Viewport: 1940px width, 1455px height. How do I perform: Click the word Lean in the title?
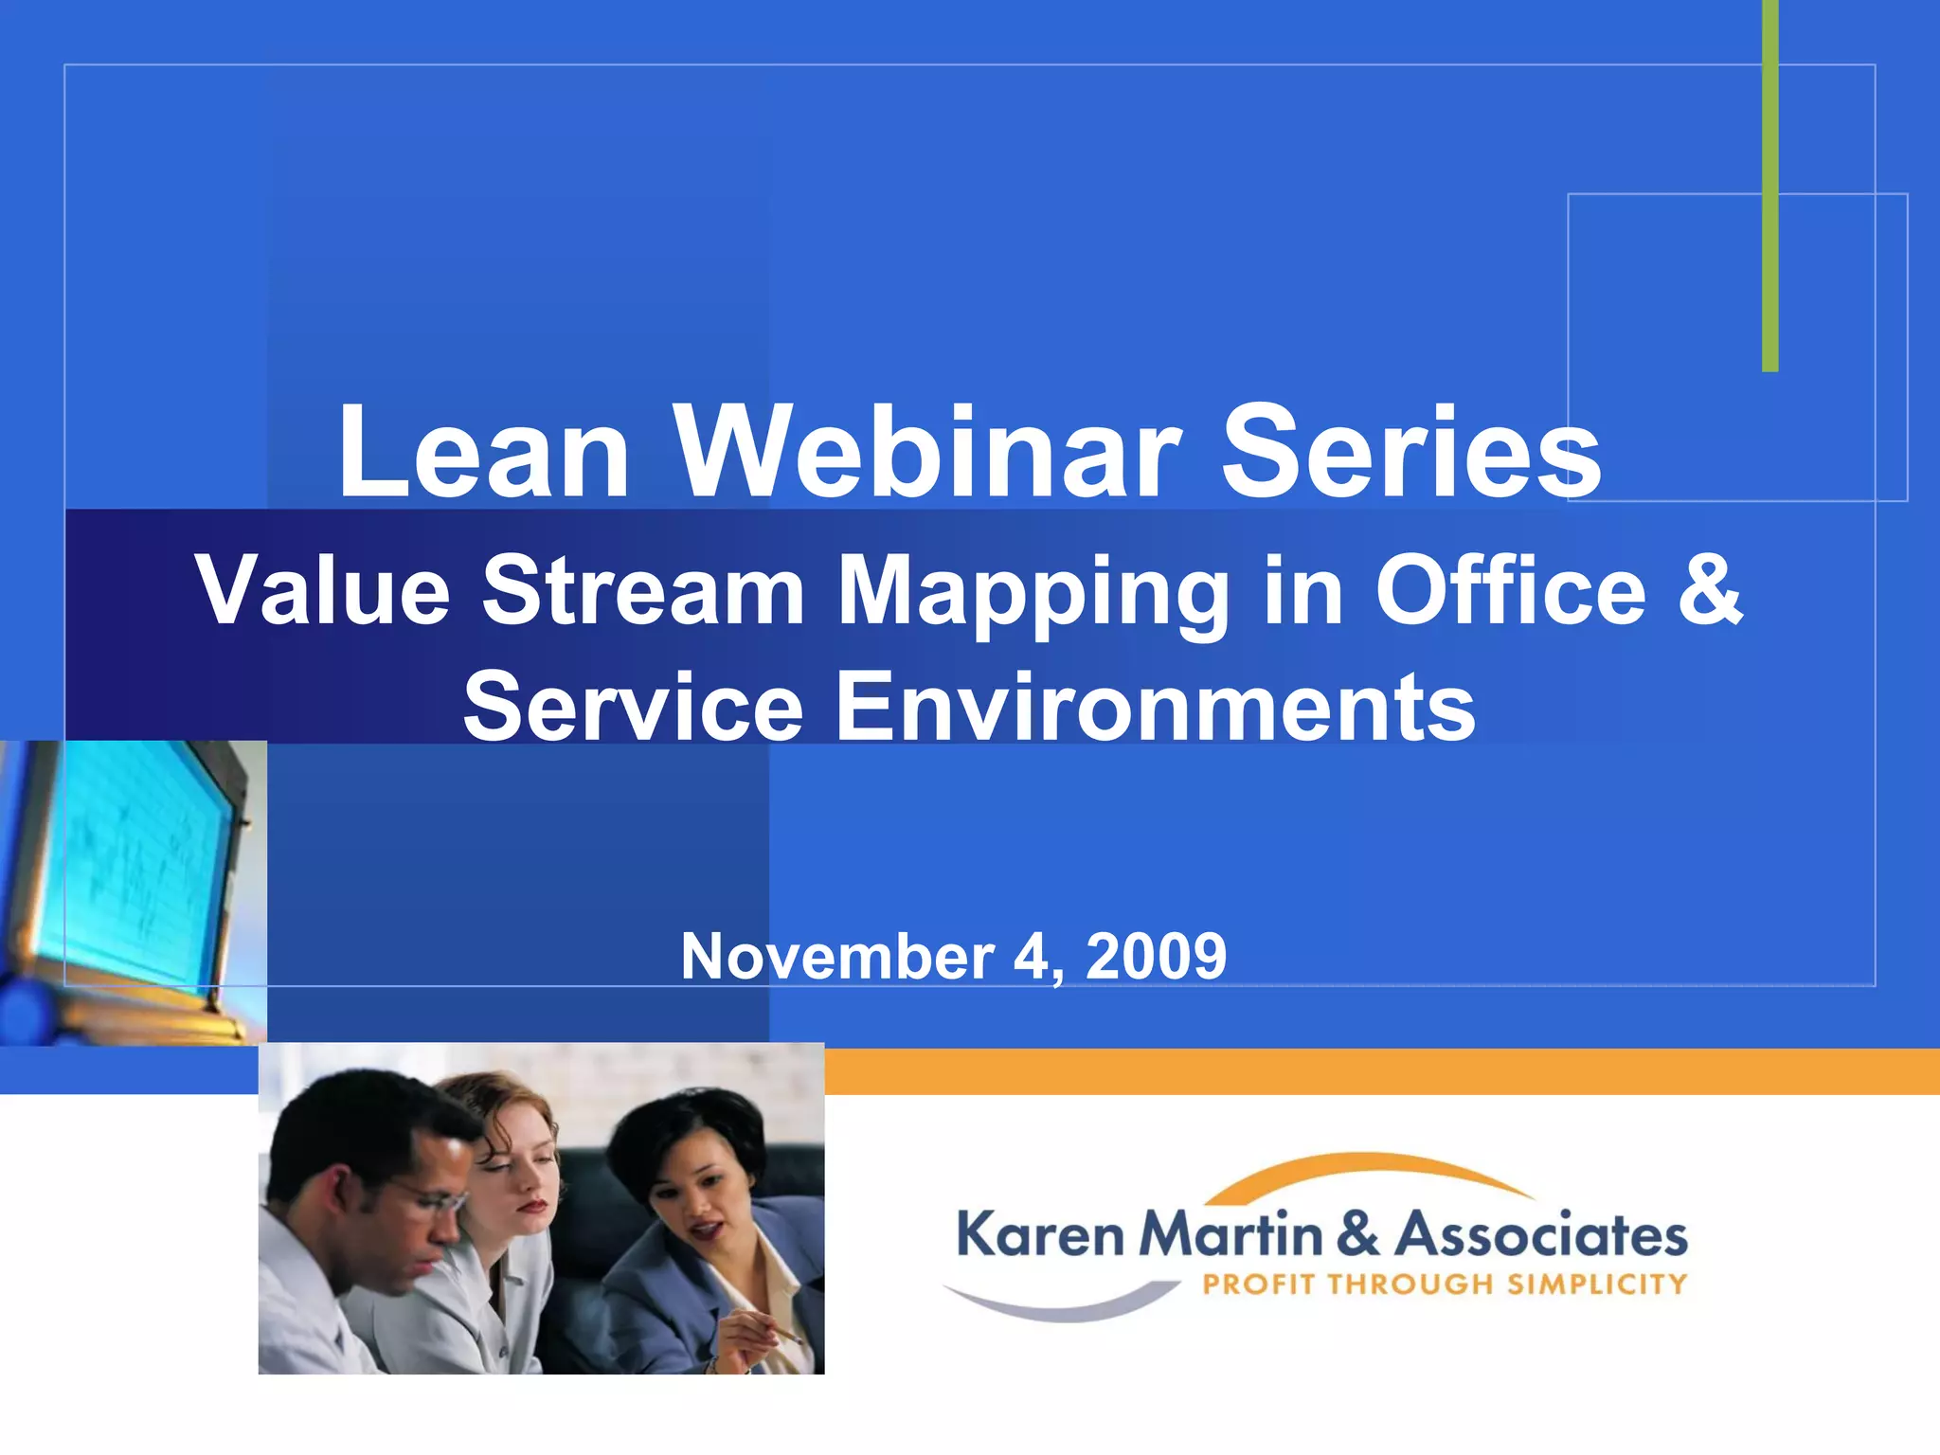pyautogui.click(x=483, y=452)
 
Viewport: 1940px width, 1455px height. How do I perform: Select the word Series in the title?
pyautogui.click(x=1411, y=452)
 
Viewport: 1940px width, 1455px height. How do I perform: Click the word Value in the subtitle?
pyautogui.click(x=323, y=591)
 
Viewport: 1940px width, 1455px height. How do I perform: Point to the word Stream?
pyautogui.click(x=644, y=591)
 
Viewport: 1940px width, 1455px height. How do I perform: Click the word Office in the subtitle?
pyautogui.click(x=1511, y=591)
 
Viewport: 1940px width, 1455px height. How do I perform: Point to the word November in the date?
pyautogui.click(x=837, y=957)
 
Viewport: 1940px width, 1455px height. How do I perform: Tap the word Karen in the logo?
pyautogui.click(x=1040, y=1235)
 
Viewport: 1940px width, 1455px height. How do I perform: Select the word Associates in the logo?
pyautogui.click(x=1542, y=1235)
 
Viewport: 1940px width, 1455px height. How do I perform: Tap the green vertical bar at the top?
pyautogui.click(x=1769, y=189)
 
